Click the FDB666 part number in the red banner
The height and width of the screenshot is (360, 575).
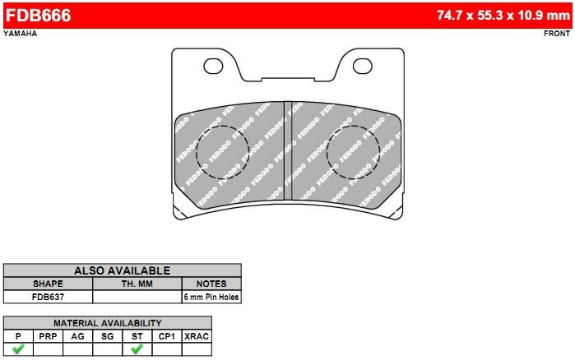(38, 16)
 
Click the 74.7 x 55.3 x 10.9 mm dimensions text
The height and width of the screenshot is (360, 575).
(503, 16)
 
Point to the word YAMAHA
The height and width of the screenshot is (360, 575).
(21, 34)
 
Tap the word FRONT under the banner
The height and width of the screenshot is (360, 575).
(557, 34)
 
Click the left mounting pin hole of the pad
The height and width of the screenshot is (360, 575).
(213, 66)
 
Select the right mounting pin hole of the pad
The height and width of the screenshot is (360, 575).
(362, 66)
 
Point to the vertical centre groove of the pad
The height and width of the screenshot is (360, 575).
(288, 150)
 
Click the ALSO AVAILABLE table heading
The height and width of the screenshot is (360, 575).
(122, 270)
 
